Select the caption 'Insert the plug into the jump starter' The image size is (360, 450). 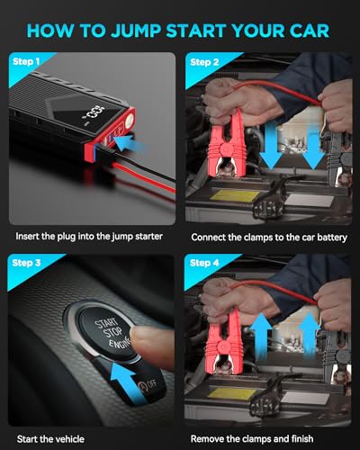click(89, 237)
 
